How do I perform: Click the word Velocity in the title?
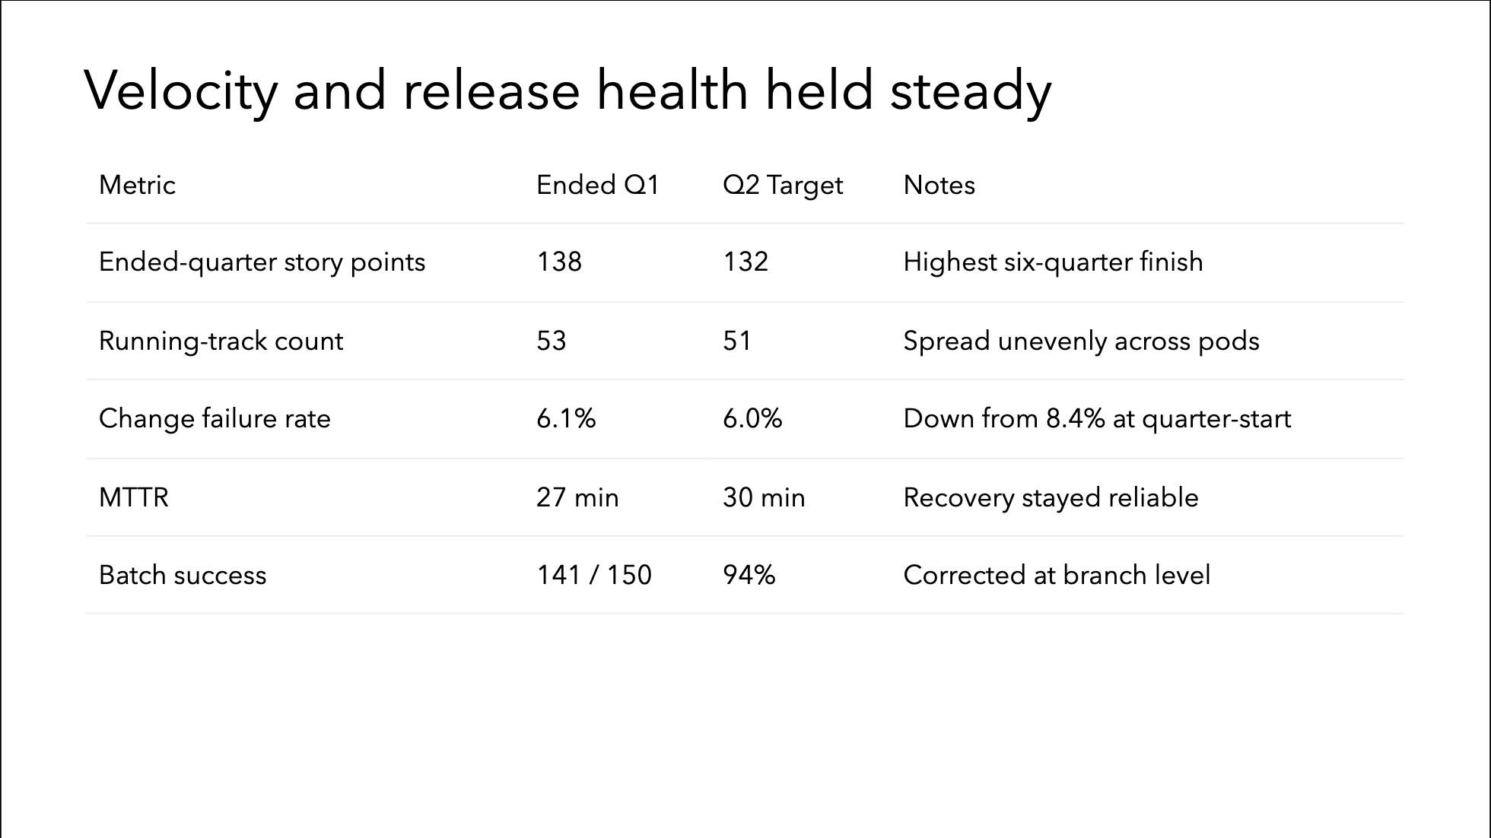click(181, 91)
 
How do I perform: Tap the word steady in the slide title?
click(971, 91)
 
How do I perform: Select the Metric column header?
click(137, 185)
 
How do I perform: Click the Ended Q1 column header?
click(598, 185)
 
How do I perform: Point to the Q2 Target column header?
click(783, 186)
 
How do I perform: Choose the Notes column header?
click(939, 185)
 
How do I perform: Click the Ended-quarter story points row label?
click(262, 262)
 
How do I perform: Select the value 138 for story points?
click(559, 262)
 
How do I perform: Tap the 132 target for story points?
click(745, 262)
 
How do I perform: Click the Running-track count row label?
click(221, 341)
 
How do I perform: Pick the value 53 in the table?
click(552, 341)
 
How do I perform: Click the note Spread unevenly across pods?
click(1081, 341)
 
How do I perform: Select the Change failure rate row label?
click(215, 419)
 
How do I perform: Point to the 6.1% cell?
click(566, 419)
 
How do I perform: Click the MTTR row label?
click(134, 497)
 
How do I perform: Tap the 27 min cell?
click(577, 497)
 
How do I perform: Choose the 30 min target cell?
click(764, 497)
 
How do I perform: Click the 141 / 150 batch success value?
click(594, 575)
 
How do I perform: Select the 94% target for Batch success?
click(749, 575)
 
